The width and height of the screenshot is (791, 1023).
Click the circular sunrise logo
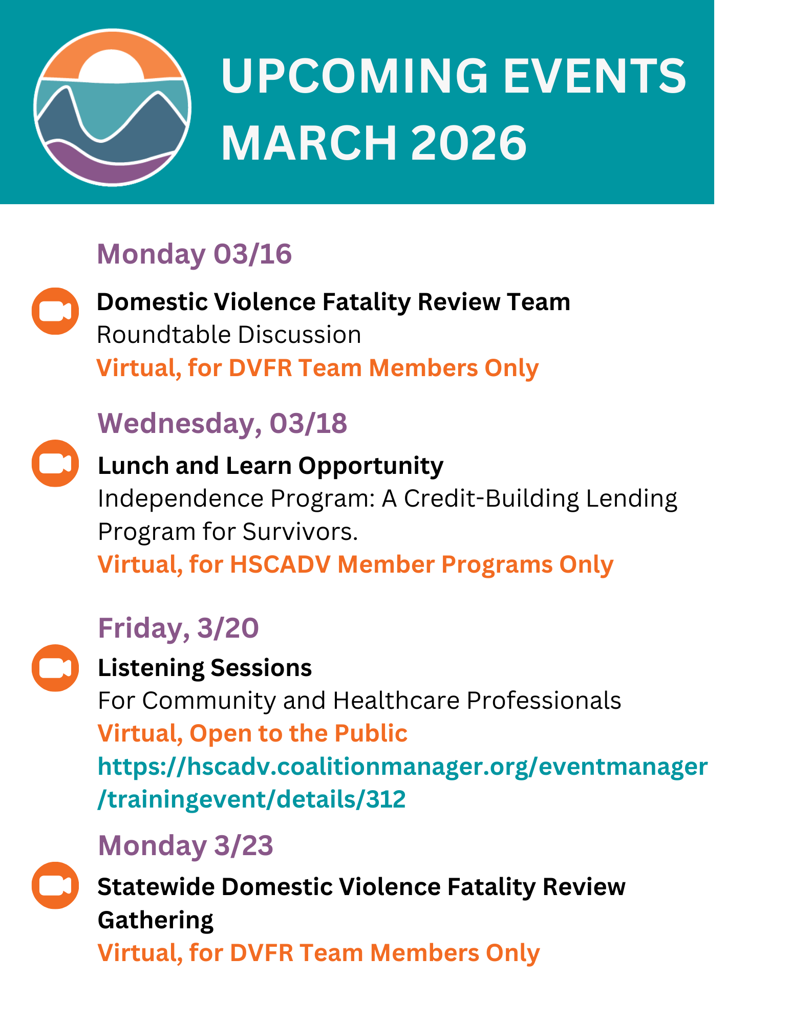[112, 107]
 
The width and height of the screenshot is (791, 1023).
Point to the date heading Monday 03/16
[195, 254]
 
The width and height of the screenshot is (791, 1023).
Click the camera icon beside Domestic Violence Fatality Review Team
[55, 311]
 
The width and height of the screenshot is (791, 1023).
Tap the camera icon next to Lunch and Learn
[55, 463]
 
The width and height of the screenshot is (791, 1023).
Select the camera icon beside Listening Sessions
[55, 668]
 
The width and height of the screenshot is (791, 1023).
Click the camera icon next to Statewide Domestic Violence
[55, 885]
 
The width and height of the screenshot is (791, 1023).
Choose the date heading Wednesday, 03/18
[223, 424]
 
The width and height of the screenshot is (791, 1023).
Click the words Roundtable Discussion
[229, 335]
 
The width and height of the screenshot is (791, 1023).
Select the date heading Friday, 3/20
[179, 628]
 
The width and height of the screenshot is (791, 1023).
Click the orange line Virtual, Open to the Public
[252, 733]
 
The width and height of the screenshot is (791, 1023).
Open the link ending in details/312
[403, 782]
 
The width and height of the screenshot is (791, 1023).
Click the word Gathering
[156, 920]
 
